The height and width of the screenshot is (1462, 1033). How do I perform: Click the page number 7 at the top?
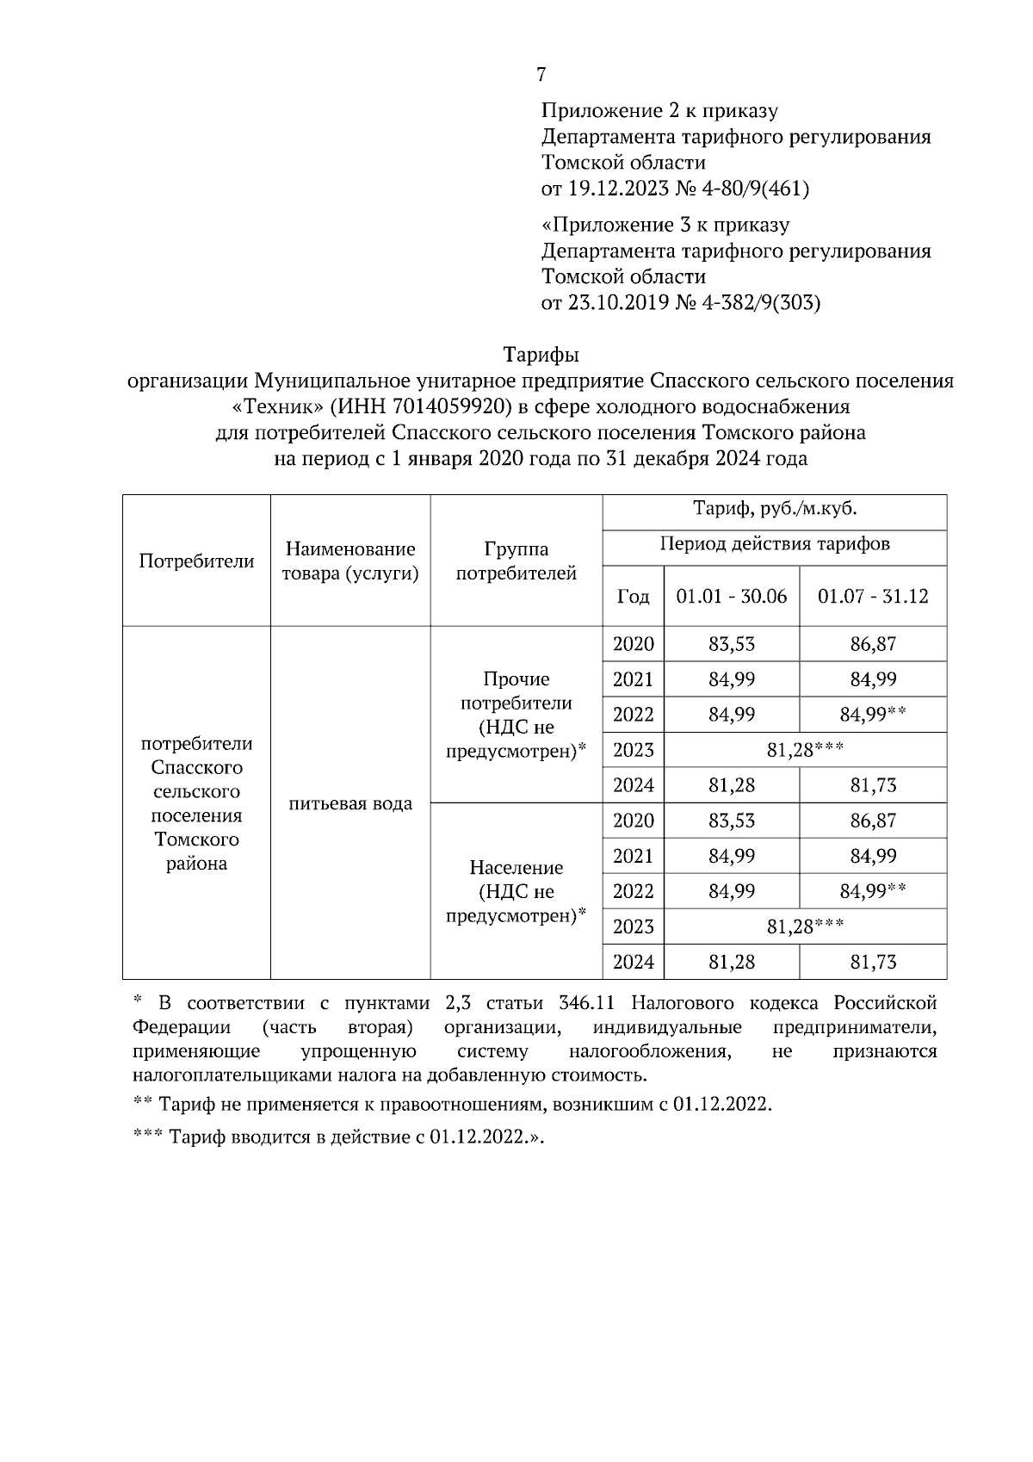point(541,75)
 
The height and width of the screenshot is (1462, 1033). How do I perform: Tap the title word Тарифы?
point(540,355)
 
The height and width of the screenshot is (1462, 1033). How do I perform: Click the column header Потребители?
point(196,561)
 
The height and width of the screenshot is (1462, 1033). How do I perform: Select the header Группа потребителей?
point(516,561)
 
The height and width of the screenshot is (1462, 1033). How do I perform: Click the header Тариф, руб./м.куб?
point(774,509)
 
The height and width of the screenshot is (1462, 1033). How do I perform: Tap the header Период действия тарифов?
point(774,544)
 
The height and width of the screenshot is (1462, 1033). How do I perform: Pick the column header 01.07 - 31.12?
point(872,596)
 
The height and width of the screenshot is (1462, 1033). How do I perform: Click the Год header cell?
point(633,597)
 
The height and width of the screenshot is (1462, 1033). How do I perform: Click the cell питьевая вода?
point(350,803)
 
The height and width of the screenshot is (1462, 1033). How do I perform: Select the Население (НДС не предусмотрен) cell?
point(516,891)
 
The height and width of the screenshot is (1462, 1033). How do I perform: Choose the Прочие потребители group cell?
point(516,715)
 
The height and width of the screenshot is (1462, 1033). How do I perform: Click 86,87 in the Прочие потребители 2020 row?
point(872,644)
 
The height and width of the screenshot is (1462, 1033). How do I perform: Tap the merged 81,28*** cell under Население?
point(804,926)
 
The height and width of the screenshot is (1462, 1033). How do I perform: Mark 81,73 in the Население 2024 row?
point(872,962)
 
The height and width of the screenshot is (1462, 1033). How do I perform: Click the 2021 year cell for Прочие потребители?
point(633,679)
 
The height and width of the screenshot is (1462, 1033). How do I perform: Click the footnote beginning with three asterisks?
point(340,1137)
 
